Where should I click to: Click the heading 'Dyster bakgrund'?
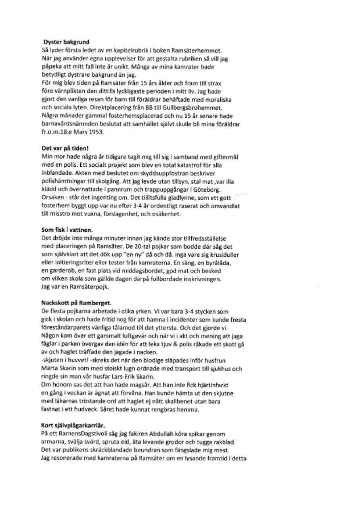(66, 42)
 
